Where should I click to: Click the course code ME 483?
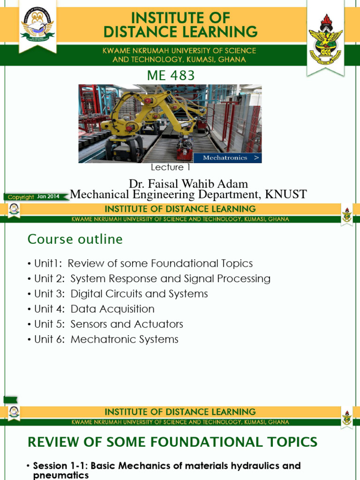click(171, 75)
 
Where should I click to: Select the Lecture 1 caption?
click(170, 167)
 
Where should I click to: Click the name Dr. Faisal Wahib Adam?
click(188, 184)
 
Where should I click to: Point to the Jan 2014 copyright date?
click(48, 196)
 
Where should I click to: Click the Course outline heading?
click(75, 240)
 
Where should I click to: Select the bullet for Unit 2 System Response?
click(29, 279)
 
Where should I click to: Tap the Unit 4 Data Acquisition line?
click(94, 309)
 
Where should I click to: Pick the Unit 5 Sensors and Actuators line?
click(109, 324)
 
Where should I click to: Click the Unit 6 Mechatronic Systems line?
click(106, 339)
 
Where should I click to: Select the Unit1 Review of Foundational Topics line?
click(140, 263)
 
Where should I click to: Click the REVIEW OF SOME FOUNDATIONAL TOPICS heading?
click(172, 442)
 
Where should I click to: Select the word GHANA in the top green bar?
click(232, 60)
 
